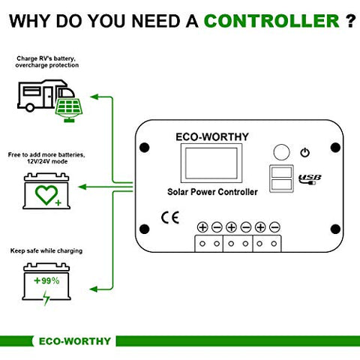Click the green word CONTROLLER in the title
tap(271, 21)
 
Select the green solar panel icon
tap(69, 110)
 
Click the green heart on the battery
tap(46, 195)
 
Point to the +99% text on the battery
tap(46, 280)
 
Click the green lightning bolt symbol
tap(46, 298)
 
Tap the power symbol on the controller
tap(305, 152)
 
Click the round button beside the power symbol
tap(282, 152)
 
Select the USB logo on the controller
tap(310, 179)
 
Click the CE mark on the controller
tap(170, 217)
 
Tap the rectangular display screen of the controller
tap(211, 163)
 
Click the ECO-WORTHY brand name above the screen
tap(212, 136)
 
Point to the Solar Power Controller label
tap(212, 192)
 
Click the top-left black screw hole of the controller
tap(144, 148)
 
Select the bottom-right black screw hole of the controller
tap(335, 229)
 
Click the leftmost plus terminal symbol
tap(202, 227)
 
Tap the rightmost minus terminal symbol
tap(274, 227)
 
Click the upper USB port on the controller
tap(282, 172)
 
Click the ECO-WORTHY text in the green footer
tap(75, 341)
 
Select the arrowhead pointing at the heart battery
tap(82, 187)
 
